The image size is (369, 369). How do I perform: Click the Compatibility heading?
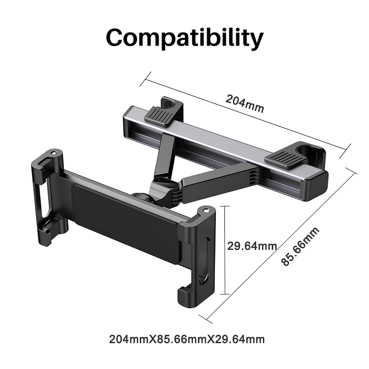point(184,38)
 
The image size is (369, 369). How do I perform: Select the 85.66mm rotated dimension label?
point(301,246)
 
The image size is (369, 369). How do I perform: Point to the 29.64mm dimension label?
point(252,245)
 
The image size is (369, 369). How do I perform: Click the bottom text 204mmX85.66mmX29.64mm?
point(187,340)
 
